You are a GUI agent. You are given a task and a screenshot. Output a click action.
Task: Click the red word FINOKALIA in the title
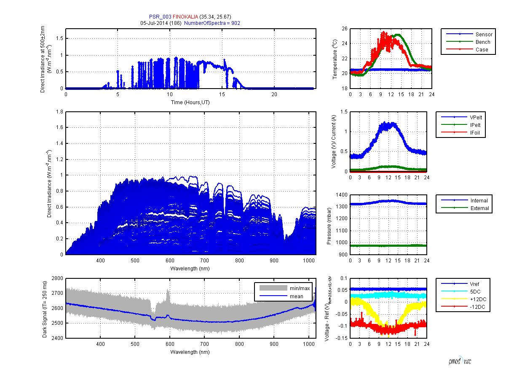[x=185, y=16]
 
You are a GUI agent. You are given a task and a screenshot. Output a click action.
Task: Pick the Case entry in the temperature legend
[x=482, y=50]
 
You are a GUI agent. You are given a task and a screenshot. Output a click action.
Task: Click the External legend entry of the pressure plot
[x=480, y=208]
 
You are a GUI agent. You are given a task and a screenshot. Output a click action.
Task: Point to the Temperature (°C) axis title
[x=334, y=59]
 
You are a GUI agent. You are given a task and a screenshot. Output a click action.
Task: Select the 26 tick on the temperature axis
[x=344, y=29]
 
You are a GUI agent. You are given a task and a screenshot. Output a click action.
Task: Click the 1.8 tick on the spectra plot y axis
[x=59, y=112]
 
